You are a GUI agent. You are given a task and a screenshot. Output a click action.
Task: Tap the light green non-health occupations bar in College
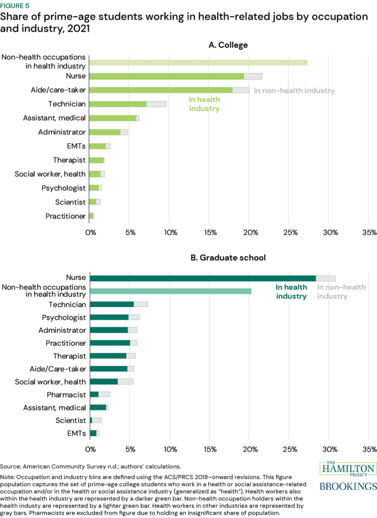(x=198, y=62)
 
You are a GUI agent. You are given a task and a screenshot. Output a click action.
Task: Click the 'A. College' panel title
(x=228, y=46)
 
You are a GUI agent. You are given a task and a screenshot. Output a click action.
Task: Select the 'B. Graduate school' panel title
(x=228, y=257)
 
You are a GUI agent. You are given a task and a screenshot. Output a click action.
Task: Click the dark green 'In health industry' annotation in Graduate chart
(x=291, y=292)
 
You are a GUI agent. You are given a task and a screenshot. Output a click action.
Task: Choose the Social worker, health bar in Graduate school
(x=111, y=381)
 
